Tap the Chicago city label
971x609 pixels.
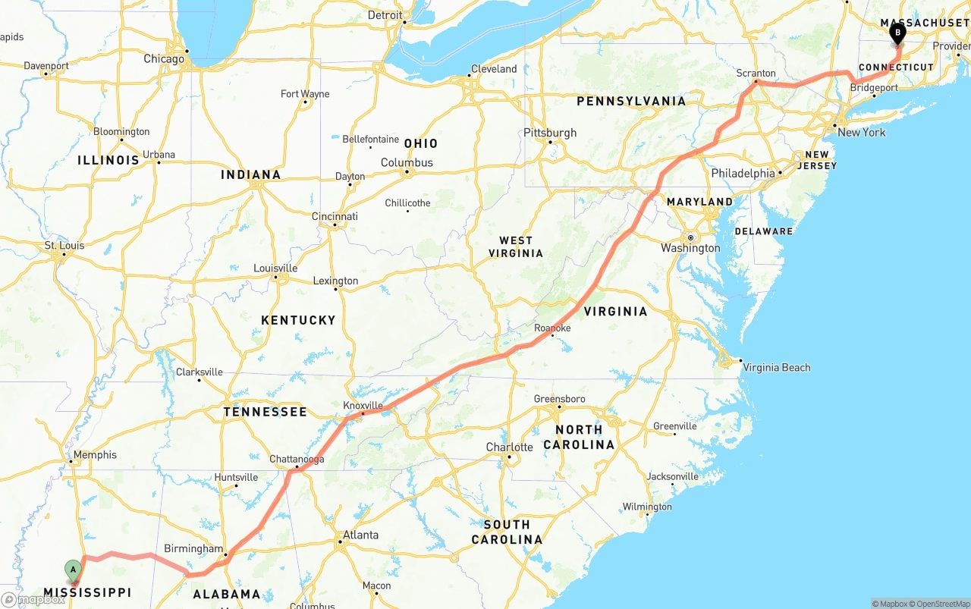pyautogui.click(x=164, y=58)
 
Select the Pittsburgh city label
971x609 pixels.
pyautogui.click(x=550, y=133)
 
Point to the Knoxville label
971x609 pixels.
pyautogui.click(x=363, y=406)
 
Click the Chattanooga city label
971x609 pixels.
pyautogui.click(x=297, y=460)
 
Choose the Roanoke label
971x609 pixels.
pyautogui.click(x=552, y=328)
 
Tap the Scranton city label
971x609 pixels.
pyautogui.click(x=756, y=74)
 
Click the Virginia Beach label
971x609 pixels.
pyautogui.click(x=776, y=368)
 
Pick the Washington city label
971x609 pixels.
pyautogui.click(x=690, y=248)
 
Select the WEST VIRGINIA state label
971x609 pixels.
pyautogui.click(x=516, y=246)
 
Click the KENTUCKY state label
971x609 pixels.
pyautogui.click(x=298, y=320)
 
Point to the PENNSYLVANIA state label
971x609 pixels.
pyautogui.click(x=631, y=101)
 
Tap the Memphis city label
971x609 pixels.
pyautogui.click(x=95, y=455)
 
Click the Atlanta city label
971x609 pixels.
pyautogui.click(x=360, y=535)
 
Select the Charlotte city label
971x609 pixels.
pyautogui.click(x=509, y=447)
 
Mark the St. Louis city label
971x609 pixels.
pyautogui.click(x=64, y=246)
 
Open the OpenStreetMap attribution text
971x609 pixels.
pyautogui.click(x=938, y=604)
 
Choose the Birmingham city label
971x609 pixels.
pyautogui.click(x=193, y=549)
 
